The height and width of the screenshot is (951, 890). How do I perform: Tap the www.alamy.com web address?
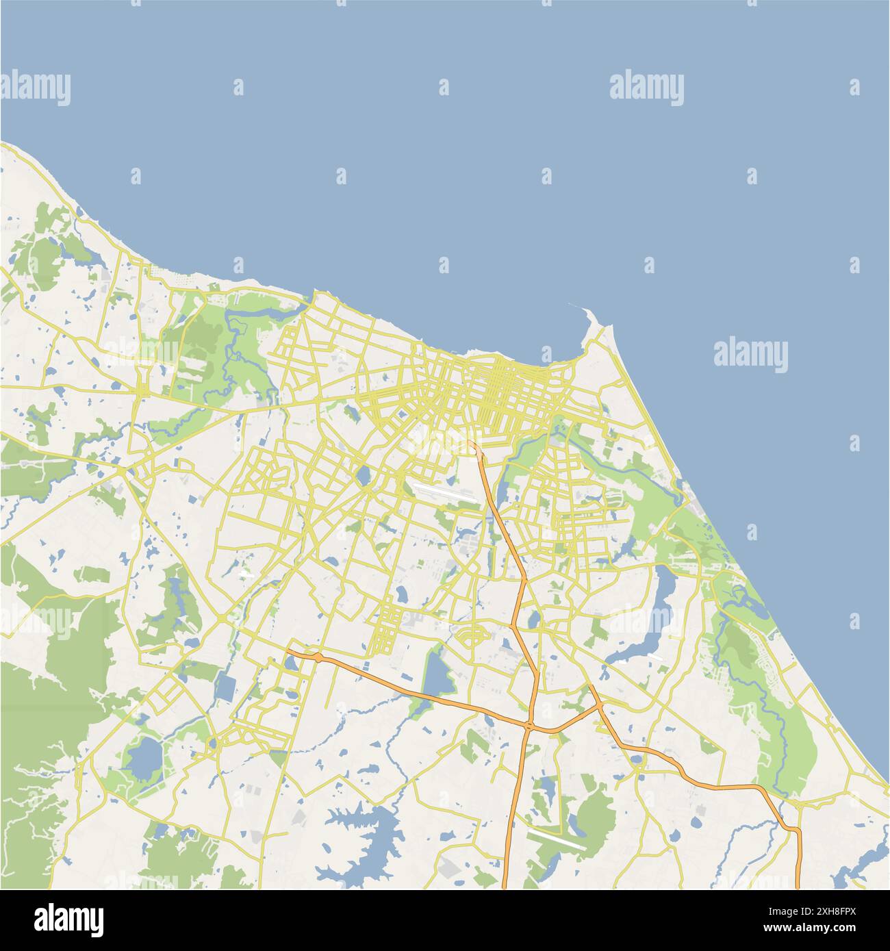(x=813, y=929)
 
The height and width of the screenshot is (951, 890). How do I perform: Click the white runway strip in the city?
(x=438, y=492)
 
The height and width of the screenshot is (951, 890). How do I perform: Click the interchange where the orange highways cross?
(x=530, y=724)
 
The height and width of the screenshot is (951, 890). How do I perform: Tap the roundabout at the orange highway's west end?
(x=318, y=657)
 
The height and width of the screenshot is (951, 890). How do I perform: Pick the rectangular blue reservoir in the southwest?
(x=224, y=687)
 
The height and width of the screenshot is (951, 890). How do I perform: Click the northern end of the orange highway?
(x=474, y=445)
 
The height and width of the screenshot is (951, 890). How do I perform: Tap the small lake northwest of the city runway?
(x=363, y=474)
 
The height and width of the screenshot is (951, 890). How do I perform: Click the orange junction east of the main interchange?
(x=600, y=705)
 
